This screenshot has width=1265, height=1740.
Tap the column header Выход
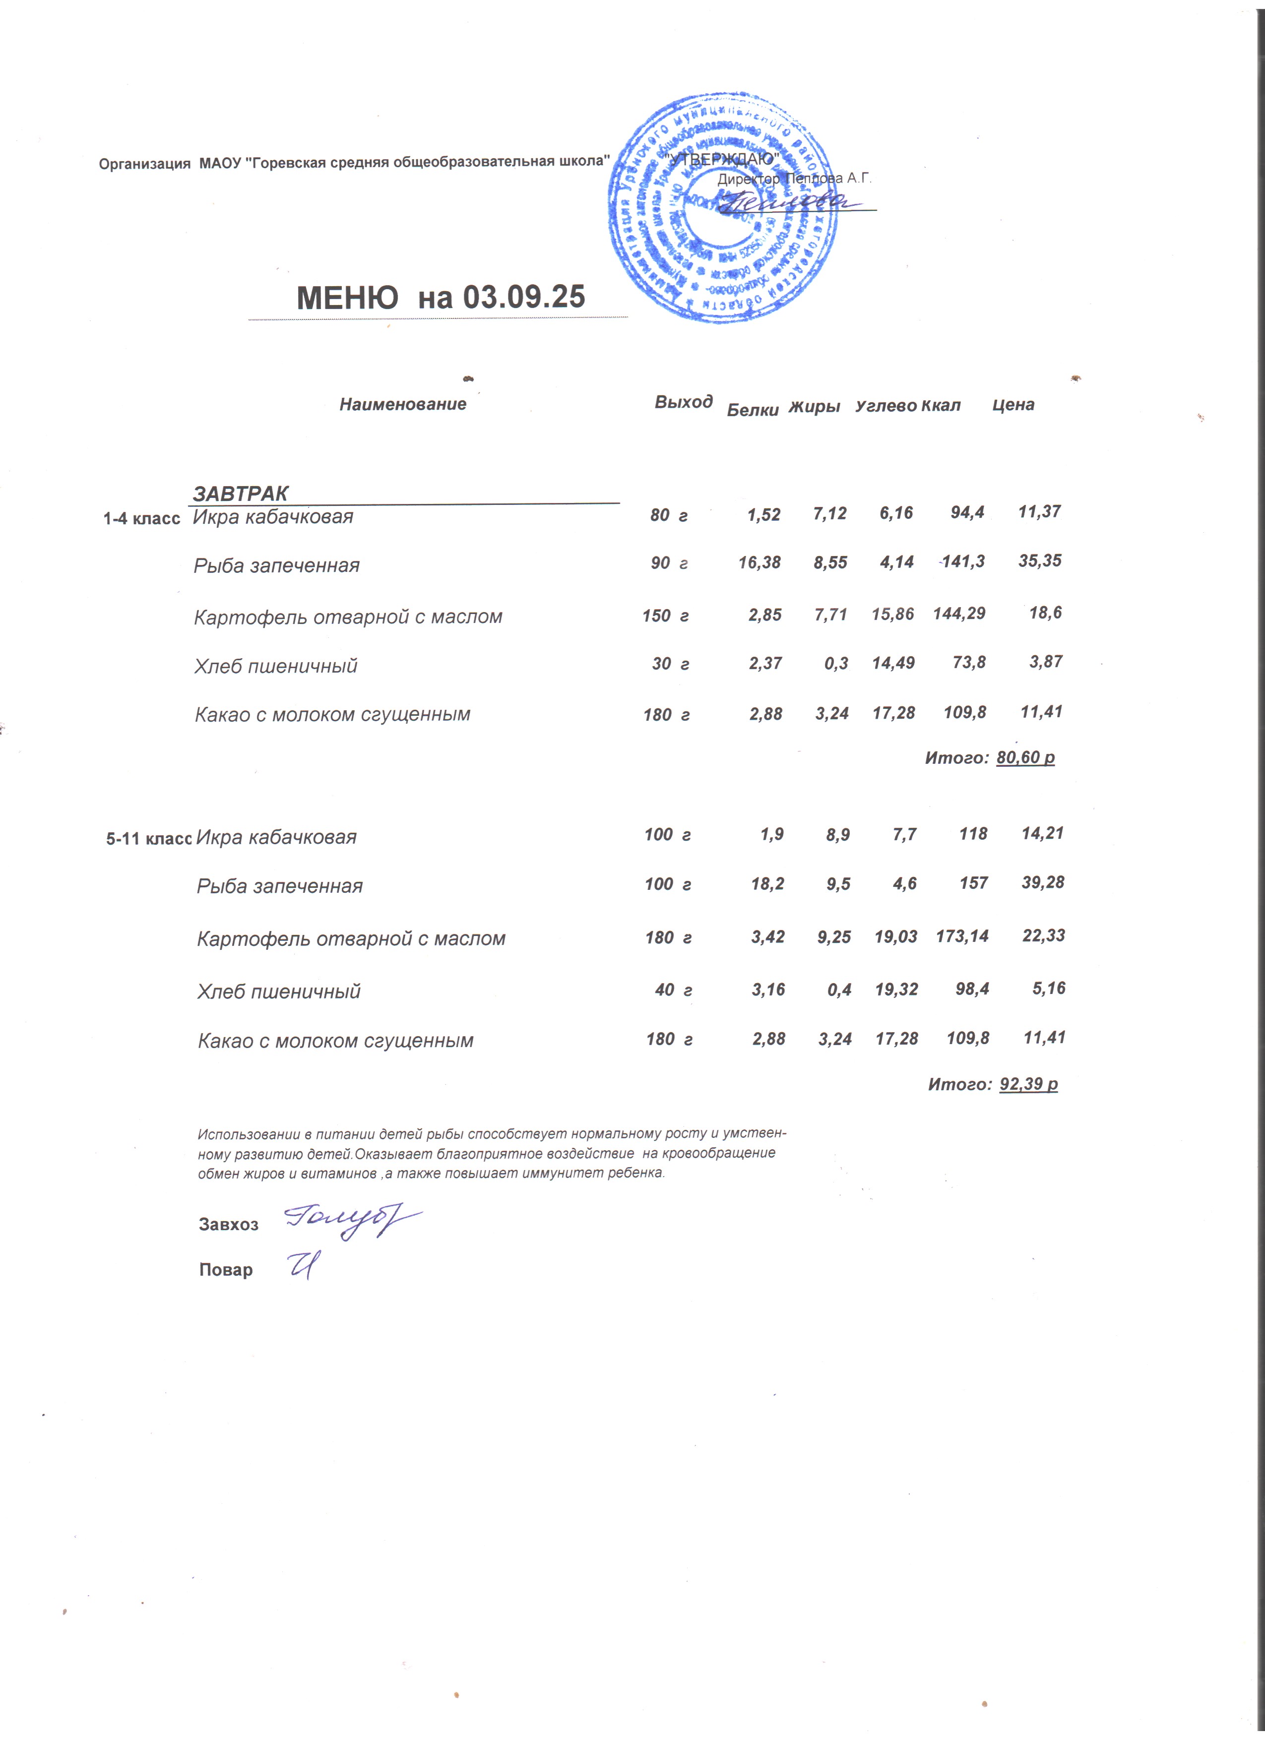coord(684,402)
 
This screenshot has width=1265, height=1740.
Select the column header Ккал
coord(941,406)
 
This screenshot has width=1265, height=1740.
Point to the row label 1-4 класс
coord(142,519)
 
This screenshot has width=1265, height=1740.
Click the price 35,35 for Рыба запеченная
coord(1039,561)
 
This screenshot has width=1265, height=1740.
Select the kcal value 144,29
coord(959,614)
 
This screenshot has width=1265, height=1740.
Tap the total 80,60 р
coord(1026,758)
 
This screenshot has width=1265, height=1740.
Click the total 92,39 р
coord(1029,1084)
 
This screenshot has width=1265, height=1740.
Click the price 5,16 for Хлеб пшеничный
coord(1049,988)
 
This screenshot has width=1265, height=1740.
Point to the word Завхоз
coord(229,1225)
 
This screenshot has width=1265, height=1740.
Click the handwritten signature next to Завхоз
coord(351,1220)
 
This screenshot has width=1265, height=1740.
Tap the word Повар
coord(226,1270)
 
